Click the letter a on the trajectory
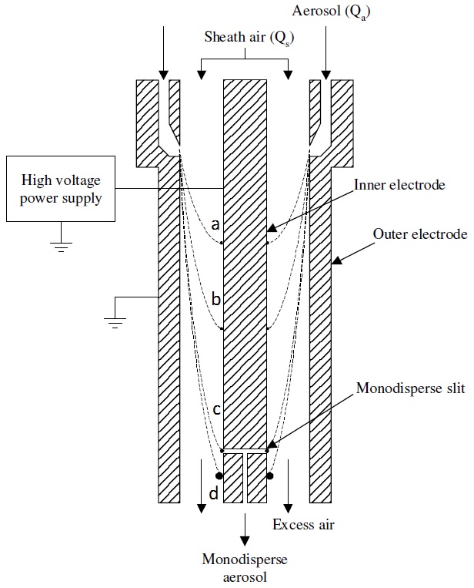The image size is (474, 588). (x=215, y=225)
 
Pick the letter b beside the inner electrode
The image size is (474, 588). (x=216, y=299)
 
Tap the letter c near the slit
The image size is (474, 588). (x=216, y=409)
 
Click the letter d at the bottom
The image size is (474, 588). (x=215, y=492)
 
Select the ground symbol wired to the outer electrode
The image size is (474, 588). (x=115, y=320)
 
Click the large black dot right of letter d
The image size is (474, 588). (x=270, y=476)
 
